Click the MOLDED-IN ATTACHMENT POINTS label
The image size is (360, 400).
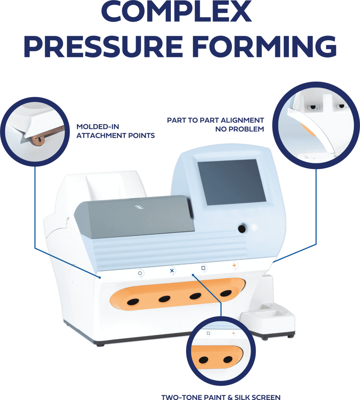(115, 131)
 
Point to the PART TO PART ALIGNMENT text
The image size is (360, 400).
(215, 120)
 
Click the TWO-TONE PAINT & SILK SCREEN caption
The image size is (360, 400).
(220, 396)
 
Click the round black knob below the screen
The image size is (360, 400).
(242, 229)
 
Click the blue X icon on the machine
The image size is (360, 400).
(172, 270)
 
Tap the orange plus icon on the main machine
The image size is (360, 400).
(235, 265)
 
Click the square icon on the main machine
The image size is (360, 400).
(203, 268)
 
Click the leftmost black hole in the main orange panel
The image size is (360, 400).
(133, 302)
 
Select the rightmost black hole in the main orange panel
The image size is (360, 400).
(226, 293)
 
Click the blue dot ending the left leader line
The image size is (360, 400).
(100, 278)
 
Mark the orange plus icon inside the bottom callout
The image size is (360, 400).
(234, 333)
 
